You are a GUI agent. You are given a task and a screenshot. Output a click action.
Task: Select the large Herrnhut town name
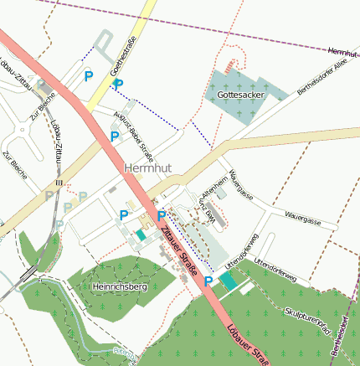pos(147,168)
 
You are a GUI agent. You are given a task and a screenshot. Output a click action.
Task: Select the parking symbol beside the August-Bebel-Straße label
pos(115,136)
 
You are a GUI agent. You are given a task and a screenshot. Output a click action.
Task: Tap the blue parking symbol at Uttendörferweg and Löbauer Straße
pos(208,281)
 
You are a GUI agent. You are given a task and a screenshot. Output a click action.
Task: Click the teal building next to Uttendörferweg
pos(229,281)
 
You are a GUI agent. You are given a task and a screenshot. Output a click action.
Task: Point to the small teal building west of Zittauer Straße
pos(140,236)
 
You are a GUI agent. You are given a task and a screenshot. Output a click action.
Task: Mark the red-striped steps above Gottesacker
pos(231,65)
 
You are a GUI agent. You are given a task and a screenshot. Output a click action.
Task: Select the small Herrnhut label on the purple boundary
pos(342,52)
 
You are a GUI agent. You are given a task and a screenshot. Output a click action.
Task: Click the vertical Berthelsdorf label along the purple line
pos(341,333)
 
